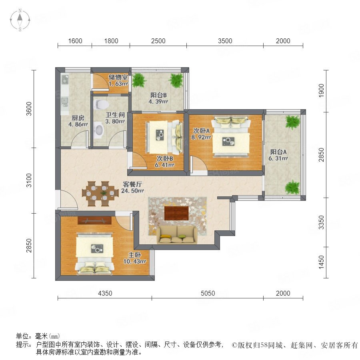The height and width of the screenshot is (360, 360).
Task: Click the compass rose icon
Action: pos(20,20)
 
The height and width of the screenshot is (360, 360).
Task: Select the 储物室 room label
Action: pos(118,77)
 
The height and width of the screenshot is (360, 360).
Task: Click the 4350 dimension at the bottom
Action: pos(105,293)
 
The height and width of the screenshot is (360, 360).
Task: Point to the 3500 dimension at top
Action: pos(225,41)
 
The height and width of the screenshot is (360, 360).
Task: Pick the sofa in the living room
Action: pos(177,235)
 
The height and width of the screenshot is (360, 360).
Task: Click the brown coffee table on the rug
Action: pos(176,213)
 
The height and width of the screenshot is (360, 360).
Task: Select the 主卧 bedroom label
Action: pos(134,255)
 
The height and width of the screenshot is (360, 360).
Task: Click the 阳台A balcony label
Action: pos(278,152)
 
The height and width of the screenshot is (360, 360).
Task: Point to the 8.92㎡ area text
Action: pos(201,137)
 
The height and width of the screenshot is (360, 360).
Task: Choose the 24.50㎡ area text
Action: pos(132,190)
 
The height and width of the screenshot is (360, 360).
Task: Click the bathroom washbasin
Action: pos(99,130)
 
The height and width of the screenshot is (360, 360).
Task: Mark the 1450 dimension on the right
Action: pos(322,262)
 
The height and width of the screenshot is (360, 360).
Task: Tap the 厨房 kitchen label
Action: pos(78,118)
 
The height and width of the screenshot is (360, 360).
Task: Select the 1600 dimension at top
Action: pos(75,41)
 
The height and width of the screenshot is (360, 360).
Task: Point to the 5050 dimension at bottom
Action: pos(208,293)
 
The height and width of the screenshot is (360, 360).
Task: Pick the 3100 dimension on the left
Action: pos(29,180)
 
